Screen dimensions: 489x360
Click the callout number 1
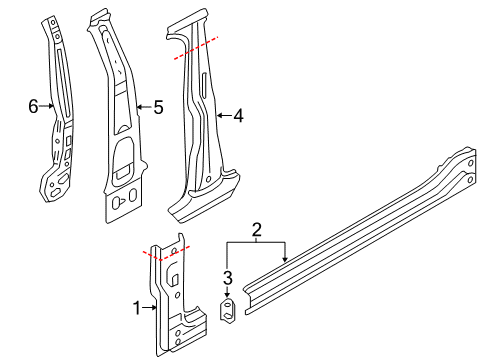click(137, 308)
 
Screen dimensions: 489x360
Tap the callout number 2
click(256, 230)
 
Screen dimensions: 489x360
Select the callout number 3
click(228, 278)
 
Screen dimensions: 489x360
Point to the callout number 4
click(238, 116)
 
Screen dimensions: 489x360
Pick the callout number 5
click(158, 107)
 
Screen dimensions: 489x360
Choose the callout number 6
click(33, 107)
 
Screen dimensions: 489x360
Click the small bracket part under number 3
click(228, 311)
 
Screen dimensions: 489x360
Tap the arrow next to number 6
click(47, 106)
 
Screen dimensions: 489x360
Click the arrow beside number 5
click(144, 107)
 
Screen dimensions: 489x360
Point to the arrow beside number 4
click(224, 116)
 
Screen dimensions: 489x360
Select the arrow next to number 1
click(149, 308)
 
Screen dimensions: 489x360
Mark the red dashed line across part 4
click(196, 48)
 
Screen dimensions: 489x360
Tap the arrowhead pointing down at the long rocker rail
click(284, 258)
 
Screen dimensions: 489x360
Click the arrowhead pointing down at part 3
click(228, 294)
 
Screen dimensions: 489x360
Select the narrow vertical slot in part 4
click(204, 86)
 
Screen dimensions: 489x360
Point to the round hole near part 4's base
click(209, 179)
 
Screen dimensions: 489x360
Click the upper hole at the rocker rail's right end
click(471, 163)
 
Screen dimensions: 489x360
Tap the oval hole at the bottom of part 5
click(133, 195)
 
